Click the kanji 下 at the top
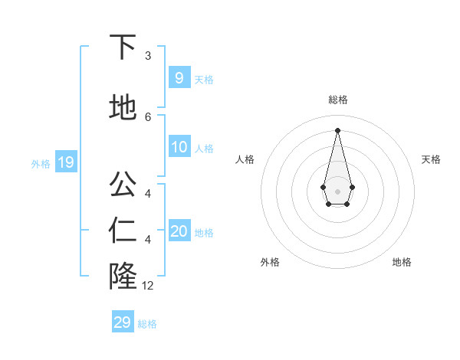(123, 47)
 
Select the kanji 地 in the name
(123, 108)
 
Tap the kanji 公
(123, 185)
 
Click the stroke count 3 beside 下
(148, 56)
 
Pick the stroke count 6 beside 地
(148, 116)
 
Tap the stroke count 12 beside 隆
(148, 286)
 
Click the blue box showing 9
(179, 77)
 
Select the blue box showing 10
(179, 147)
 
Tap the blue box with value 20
(179, 231)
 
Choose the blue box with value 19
(65, 162)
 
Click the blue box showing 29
(123, 322)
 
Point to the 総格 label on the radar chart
(338, 100)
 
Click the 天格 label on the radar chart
(431, 159)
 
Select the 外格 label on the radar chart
(270, 262)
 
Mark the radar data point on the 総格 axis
(337, 129)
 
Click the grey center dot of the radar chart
(337, 191)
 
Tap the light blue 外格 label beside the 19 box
(41, 163)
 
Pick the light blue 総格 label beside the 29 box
(147, 324)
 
